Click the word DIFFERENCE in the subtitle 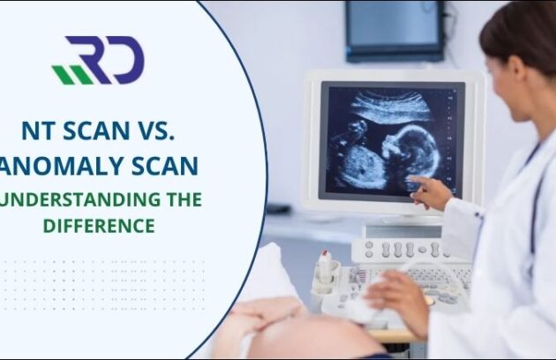(x=99, y=225)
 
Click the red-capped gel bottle (x=326, y=266)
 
